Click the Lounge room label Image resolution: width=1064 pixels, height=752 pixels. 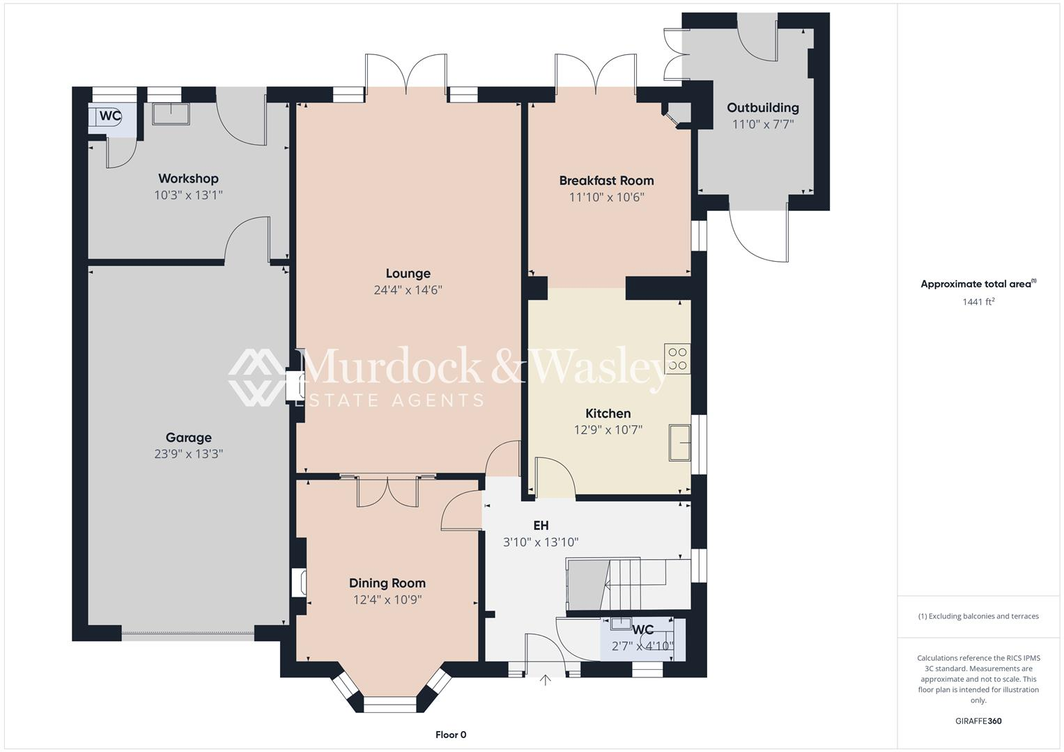(x=408, y=274)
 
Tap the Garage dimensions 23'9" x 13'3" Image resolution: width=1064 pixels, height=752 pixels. (x=188, y=454)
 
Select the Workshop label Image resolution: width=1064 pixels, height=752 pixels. (x=188, y=179)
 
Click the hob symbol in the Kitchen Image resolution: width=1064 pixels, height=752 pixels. (x=677, y=359)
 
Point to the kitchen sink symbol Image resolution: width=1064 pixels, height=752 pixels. (x=679, y=442)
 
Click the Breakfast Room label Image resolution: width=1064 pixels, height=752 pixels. (x=606, y=180)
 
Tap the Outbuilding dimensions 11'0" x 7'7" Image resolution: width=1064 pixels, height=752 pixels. (x=763, y=125)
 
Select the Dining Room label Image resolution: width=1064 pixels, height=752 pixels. (x=387, y=583)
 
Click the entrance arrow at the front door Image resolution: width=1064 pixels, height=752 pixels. (x=545, y=680)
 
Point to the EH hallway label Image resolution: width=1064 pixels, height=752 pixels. (x=541, y=526)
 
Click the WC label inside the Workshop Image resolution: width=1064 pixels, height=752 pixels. (x=110, y=116)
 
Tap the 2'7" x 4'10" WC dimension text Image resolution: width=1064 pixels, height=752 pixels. (x=642, y=646)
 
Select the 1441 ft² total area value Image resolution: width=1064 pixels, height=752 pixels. (x=978, y=301)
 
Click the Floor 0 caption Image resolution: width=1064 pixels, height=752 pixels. (x=451, y=735)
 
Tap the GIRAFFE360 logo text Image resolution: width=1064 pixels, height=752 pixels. (x=978, y=721)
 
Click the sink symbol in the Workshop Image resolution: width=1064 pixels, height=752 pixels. (x=171, y=113)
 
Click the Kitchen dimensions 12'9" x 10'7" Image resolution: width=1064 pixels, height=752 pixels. (x=608, y=430)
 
